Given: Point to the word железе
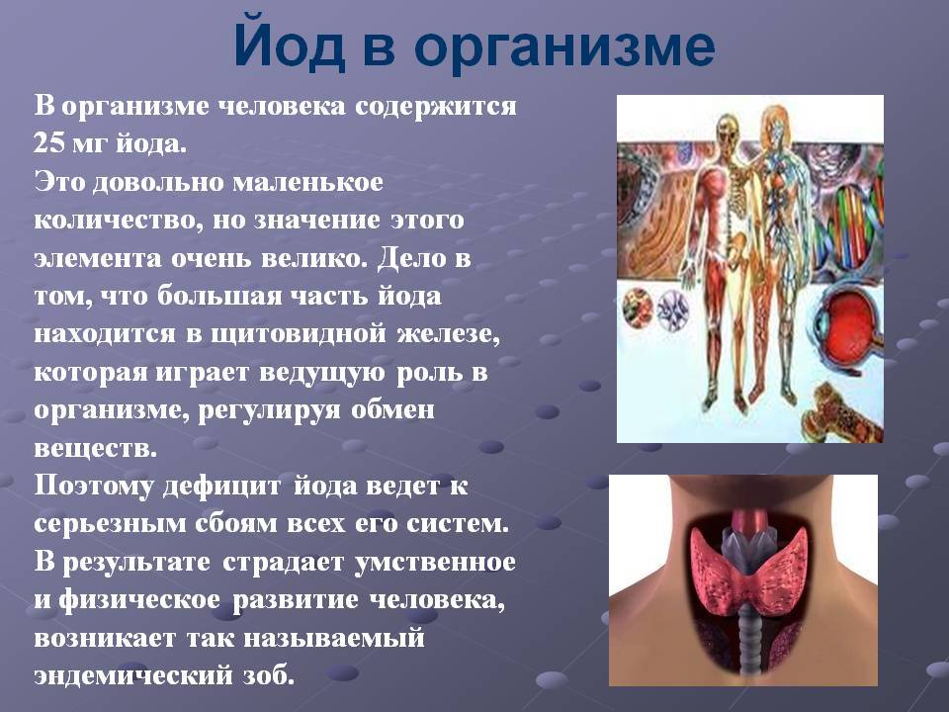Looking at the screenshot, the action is tap(449, 334).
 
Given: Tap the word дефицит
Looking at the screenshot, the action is tap(221, 487).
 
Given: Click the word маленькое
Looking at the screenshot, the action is tap(307, 182).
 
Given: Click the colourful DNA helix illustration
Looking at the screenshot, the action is tap(854, 225).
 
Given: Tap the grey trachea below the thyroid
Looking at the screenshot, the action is tap(749, 643).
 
